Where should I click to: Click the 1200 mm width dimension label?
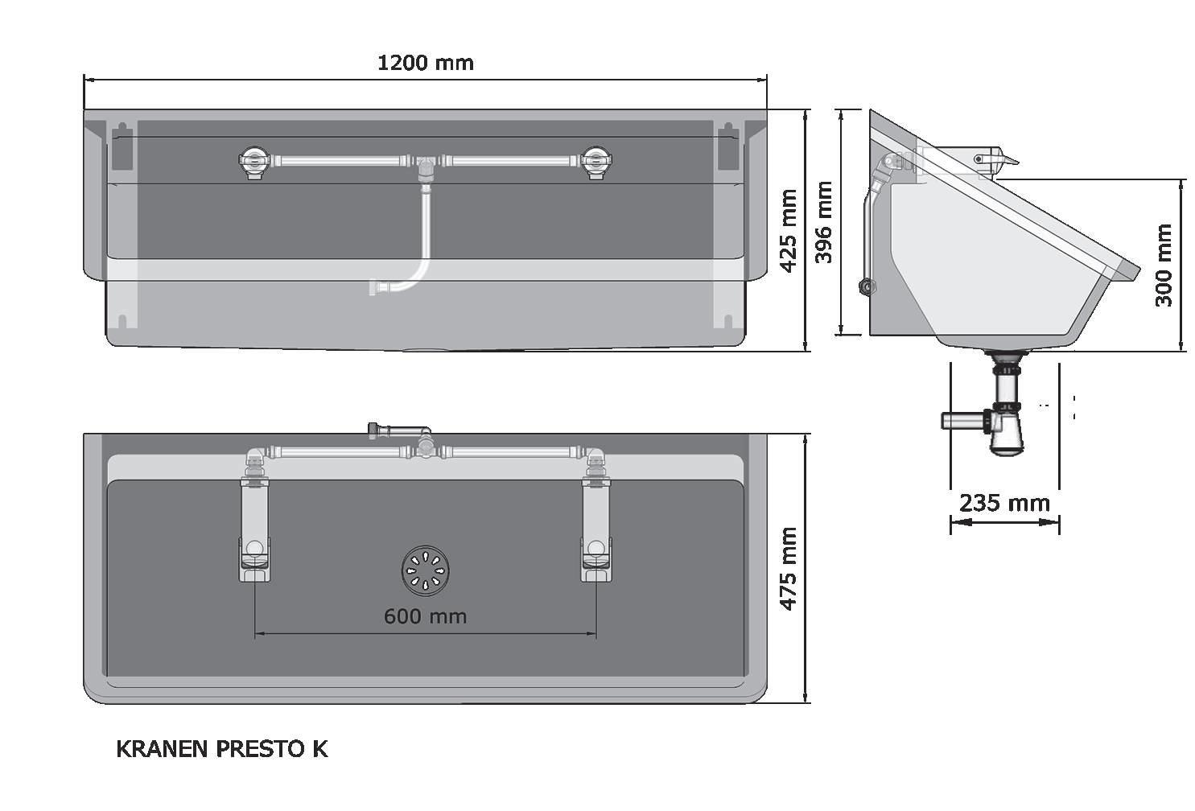click(425, 63)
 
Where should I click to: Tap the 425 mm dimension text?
click(789, 230)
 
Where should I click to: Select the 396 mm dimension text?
click(824, 222)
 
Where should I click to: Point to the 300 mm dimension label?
click(1164, 266)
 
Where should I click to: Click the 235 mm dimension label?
click(1004, 503)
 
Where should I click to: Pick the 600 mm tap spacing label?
click(425, 617)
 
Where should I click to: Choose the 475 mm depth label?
click(789, 569)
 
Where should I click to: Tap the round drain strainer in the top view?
click(425, 570)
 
